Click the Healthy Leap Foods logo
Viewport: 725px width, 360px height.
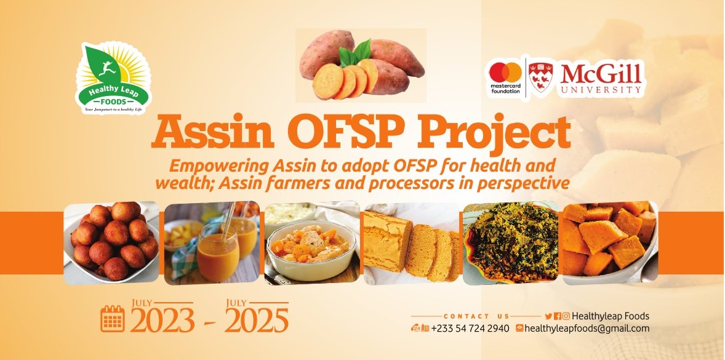[x=113, y=78]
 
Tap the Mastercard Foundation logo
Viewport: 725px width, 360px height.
[x=505, y=77]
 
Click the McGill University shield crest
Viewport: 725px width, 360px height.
[x=540, y=77]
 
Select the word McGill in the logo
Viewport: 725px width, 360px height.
[x=601, y=74]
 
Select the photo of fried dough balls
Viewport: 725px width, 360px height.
[x=111, y=242]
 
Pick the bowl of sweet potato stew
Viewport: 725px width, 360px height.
[x=311, y=249]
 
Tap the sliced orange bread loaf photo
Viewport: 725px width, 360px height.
[x=411, y=244]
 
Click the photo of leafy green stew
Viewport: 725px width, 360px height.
[x=510, y=243]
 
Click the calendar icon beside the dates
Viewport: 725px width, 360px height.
[x=112, y=319]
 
